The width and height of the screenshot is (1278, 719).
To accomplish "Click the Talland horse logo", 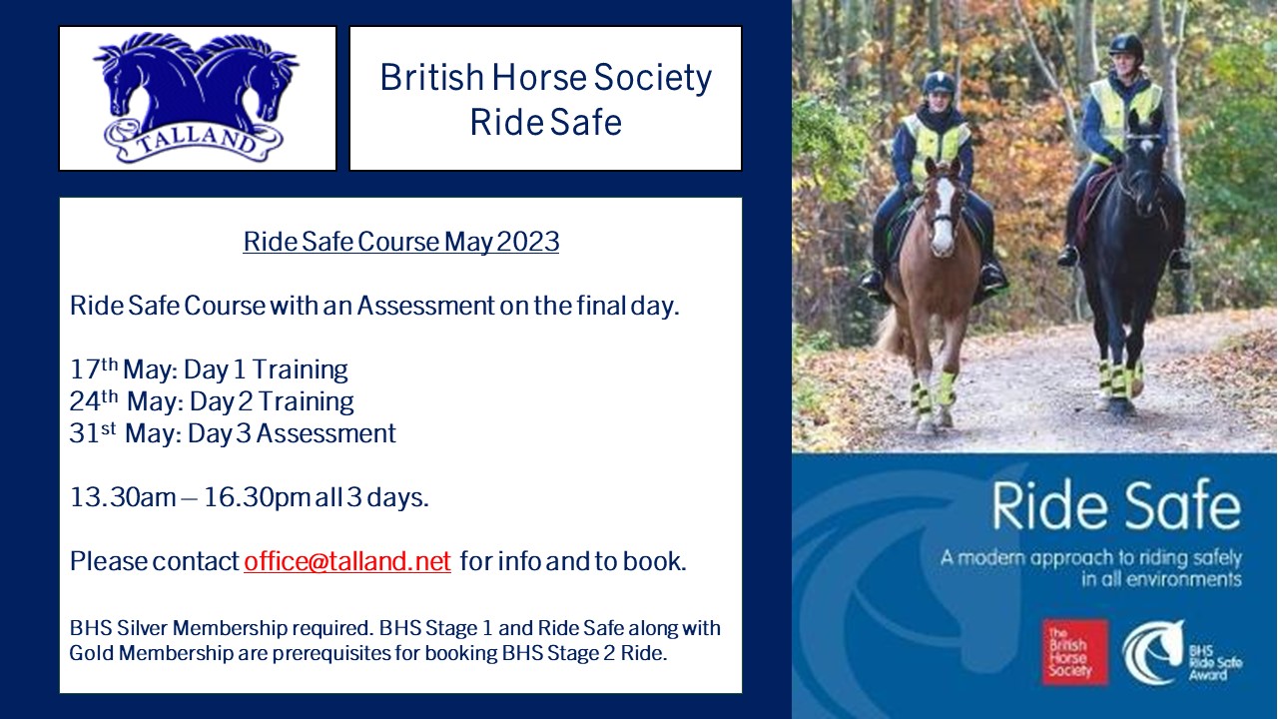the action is pos(196,98).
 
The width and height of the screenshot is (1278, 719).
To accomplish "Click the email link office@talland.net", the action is pos(347,561).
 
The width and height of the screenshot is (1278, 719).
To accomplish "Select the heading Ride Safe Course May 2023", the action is pos(401,242).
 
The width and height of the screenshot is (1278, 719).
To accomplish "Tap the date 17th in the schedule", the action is pos(94,369).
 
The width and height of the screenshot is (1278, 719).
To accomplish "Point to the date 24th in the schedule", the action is pos(94,401).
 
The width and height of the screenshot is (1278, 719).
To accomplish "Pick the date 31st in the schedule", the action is pos(93,433).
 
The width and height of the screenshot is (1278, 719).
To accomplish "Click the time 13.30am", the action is pos(123,497).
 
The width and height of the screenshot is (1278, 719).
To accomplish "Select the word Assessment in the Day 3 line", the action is pos(325,433).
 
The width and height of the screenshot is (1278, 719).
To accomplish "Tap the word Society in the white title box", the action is pos(653,78).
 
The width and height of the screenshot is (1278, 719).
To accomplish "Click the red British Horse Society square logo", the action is pos(1075,652).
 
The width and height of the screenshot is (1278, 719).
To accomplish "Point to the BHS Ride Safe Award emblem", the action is pos(1181,652).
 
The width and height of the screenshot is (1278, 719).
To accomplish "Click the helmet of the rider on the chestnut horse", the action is pos(939,83).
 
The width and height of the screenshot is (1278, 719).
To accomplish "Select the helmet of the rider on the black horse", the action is pos(1126,45).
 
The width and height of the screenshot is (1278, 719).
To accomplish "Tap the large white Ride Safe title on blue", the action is pos(1116,505).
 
